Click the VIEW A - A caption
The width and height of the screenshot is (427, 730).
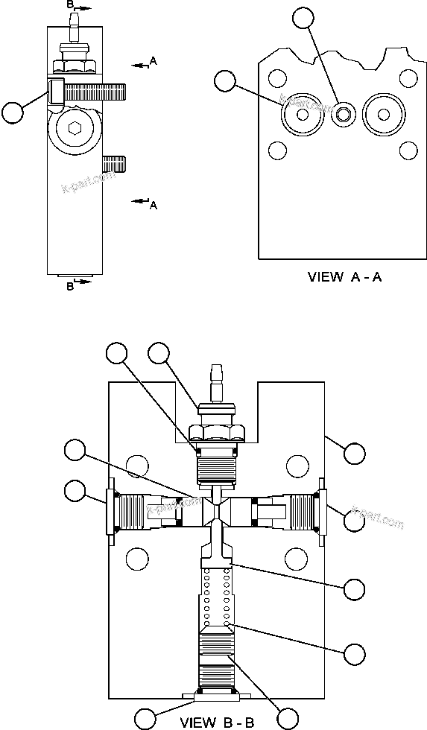point(344,277)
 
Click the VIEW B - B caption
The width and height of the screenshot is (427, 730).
point(217,722)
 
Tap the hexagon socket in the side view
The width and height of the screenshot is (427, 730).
point(73,128)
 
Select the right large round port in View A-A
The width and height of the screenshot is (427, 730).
point(384,115)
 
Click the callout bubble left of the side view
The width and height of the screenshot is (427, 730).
point(13,112)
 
